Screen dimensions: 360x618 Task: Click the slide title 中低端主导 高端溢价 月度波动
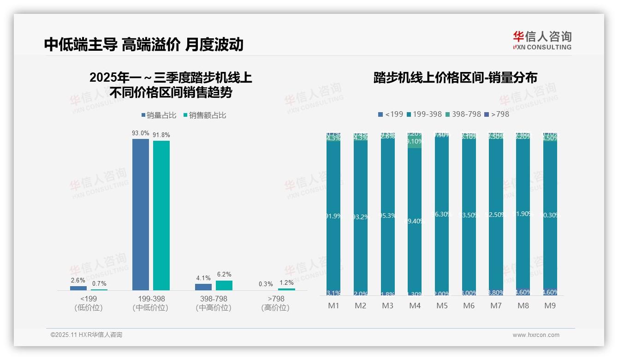143,44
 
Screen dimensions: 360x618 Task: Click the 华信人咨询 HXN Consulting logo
542,41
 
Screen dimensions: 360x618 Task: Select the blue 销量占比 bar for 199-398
141,215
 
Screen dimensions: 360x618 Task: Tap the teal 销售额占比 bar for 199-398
161,216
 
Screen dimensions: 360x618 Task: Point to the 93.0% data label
141,133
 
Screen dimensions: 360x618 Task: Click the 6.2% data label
224,275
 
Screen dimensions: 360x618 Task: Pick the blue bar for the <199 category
78,288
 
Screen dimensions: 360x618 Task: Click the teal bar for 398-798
224,285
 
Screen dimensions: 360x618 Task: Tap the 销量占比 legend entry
159,115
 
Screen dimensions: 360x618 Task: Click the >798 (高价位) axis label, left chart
275,303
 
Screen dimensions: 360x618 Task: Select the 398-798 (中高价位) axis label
214,303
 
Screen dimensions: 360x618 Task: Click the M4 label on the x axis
415,306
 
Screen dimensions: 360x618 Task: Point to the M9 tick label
550,306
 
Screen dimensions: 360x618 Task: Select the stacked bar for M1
333,215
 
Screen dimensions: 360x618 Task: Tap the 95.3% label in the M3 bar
388,216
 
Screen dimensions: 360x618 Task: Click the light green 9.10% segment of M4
415,142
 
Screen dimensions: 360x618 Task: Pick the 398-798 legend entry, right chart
463,114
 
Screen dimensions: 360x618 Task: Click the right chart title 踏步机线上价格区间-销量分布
455,78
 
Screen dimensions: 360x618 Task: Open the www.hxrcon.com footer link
536,335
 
